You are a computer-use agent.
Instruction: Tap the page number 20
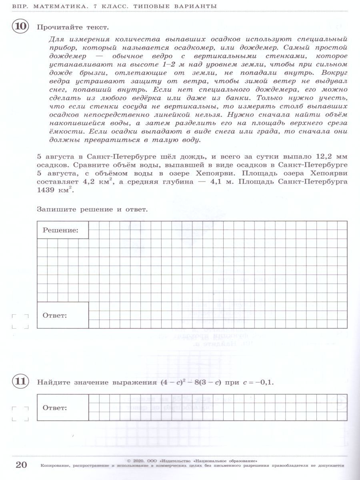pos(21,465)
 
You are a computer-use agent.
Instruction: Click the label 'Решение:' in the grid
pos(60,230)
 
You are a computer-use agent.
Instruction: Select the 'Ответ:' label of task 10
pos(55,315)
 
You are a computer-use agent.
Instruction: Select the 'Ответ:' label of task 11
pos(55,408)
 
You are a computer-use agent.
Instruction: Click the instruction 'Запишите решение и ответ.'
pos(92,209)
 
